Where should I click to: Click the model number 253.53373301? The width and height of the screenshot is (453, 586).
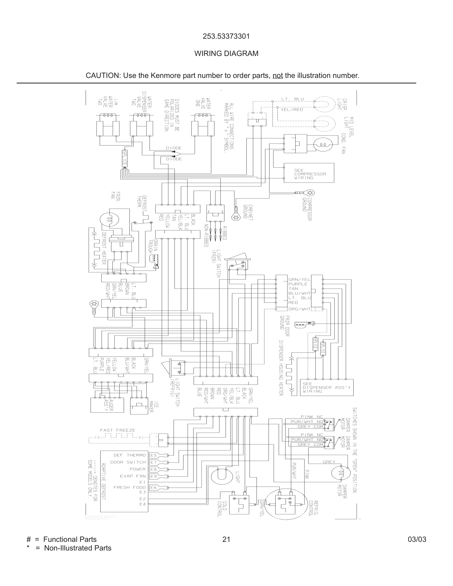coord(226,37)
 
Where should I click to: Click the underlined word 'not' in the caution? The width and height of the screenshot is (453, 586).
coord(278,76)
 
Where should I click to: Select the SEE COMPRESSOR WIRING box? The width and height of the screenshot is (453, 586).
coord(309,173)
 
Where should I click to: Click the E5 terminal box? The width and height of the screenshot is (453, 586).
coord(153,455)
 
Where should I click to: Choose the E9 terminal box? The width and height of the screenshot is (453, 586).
coord(153,476)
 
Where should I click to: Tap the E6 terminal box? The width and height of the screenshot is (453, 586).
coord(153,488)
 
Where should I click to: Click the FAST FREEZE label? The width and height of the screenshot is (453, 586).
coord(117,430)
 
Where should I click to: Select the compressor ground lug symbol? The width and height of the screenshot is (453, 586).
coord(310,193)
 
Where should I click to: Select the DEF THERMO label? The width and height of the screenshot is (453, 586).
coord(129,455)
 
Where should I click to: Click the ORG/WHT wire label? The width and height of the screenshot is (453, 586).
coord(299,309)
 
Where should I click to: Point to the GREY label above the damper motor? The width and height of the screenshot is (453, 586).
coord(329,462)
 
